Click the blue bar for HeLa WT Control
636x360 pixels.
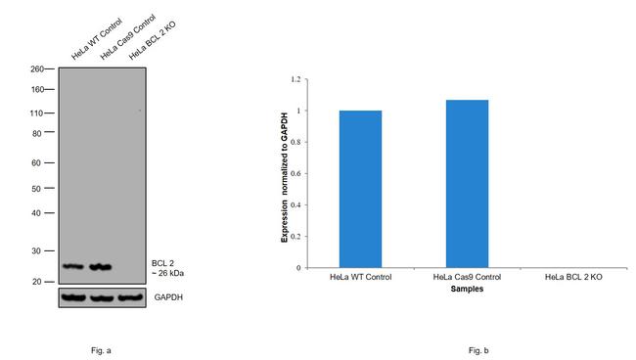[360, 189]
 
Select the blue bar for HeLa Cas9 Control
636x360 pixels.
[467, 184]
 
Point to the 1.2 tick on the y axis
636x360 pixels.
[296, 79]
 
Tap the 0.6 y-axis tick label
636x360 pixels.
[296, 173]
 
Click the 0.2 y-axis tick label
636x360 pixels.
[296, 237]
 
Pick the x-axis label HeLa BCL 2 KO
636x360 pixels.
[573, 277]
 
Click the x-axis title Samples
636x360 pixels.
[467, 289]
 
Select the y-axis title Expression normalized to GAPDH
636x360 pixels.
[285, 178]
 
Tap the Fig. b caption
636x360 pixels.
[478, 350]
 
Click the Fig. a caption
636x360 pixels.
[101, 350]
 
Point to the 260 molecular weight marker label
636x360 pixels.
[37, 68]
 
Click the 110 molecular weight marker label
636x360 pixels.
[36, 113]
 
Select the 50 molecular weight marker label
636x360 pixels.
[36, 189]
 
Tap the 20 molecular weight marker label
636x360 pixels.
[36, 282]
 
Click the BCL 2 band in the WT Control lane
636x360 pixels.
[73, 266]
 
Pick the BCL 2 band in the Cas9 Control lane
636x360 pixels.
[100, 267]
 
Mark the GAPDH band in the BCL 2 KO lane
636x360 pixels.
[130, 297]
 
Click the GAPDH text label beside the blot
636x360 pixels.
[168, 297]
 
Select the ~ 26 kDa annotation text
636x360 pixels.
[167, 273]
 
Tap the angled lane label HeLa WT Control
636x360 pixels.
[97, 39]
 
